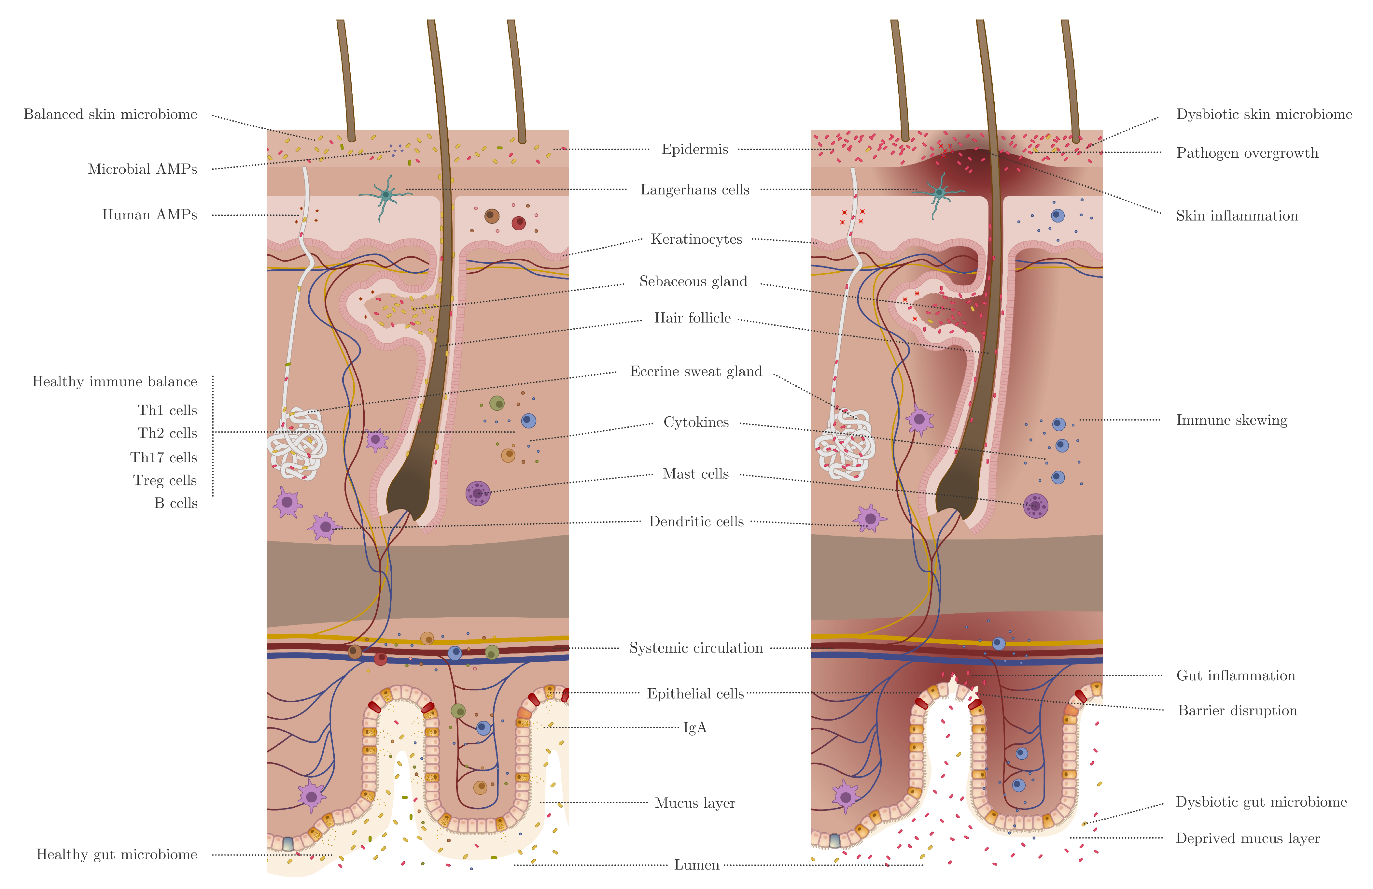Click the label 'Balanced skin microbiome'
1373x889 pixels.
(110, 114)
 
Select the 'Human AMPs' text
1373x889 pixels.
(149, 215)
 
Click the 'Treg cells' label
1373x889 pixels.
(165, 480)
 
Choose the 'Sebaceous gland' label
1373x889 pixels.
(693, 282)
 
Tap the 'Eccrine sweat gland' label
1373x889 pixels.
(696, 372)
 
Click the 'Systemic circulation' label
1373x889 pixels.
(696, 648)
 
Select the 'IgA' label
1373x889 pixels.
(694, 727)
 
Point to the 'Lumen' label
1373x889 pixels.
(696, 865)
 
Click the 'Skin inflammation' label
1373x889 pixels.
(1237, 216)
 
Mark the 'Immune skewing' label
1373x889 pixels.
(1232, 420)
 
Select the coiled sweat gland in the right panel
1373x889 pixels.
(844, 444)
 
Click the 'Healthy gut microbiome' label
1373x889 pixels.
(117, 855)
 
